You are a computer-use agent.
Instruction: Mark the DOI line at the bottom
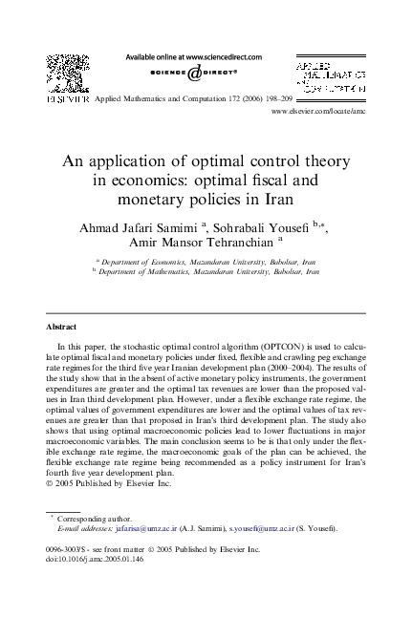87,560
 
